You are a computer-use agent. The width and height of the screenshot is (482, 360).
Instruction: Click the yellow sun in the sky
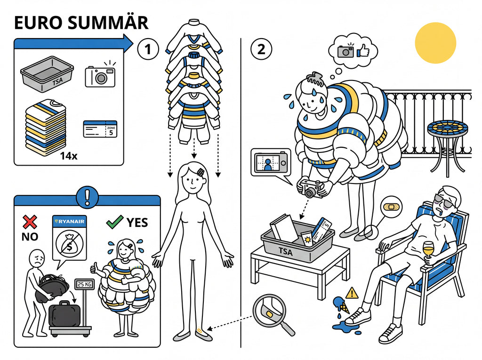pyautogui.click(x=435, y=43)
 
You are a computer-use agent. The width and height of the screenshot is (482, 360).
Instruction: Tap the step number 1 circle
pyautogui.click(x=148, y=49)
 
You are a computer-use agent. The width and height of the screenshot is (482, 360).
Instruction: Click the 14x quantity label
pyautogui.click(x=69, y=156)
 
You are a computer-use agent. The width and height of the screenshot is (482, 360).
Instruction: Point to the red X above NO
pyautogui.click(x=30, y=222)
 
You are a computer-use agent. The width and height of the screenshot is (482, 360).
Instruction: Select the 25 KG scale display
pyautogui.click(x=85, y=285)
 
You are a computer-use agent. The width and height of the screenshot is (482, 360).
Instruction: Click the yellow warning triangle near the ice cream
pyautogui.click(x=352, y=293)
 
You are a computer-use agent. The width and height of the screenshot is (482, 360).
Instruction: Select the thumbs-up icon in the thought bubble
pyautogui.click(x=363, y=51)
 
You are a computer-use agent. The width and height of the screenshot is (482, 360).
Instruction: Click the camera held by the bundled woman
pyautogui.click(x=311, y=188)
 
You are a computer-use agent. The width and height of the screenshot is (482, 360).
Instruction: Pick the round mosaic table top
pyautogui.click(x=447, y=128)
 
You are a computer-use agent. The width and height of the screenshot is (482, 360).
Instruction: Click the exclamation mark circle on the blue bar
pyautogui.click(x=88, y=197)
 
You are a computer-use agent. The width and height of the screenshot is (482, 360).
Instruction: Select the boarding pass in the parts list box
pyautogui.click(x=100, y=129)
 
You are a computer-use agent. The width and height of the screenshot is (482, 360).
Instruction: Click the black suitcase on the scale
pyautogui.click(x=65, y=315)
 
